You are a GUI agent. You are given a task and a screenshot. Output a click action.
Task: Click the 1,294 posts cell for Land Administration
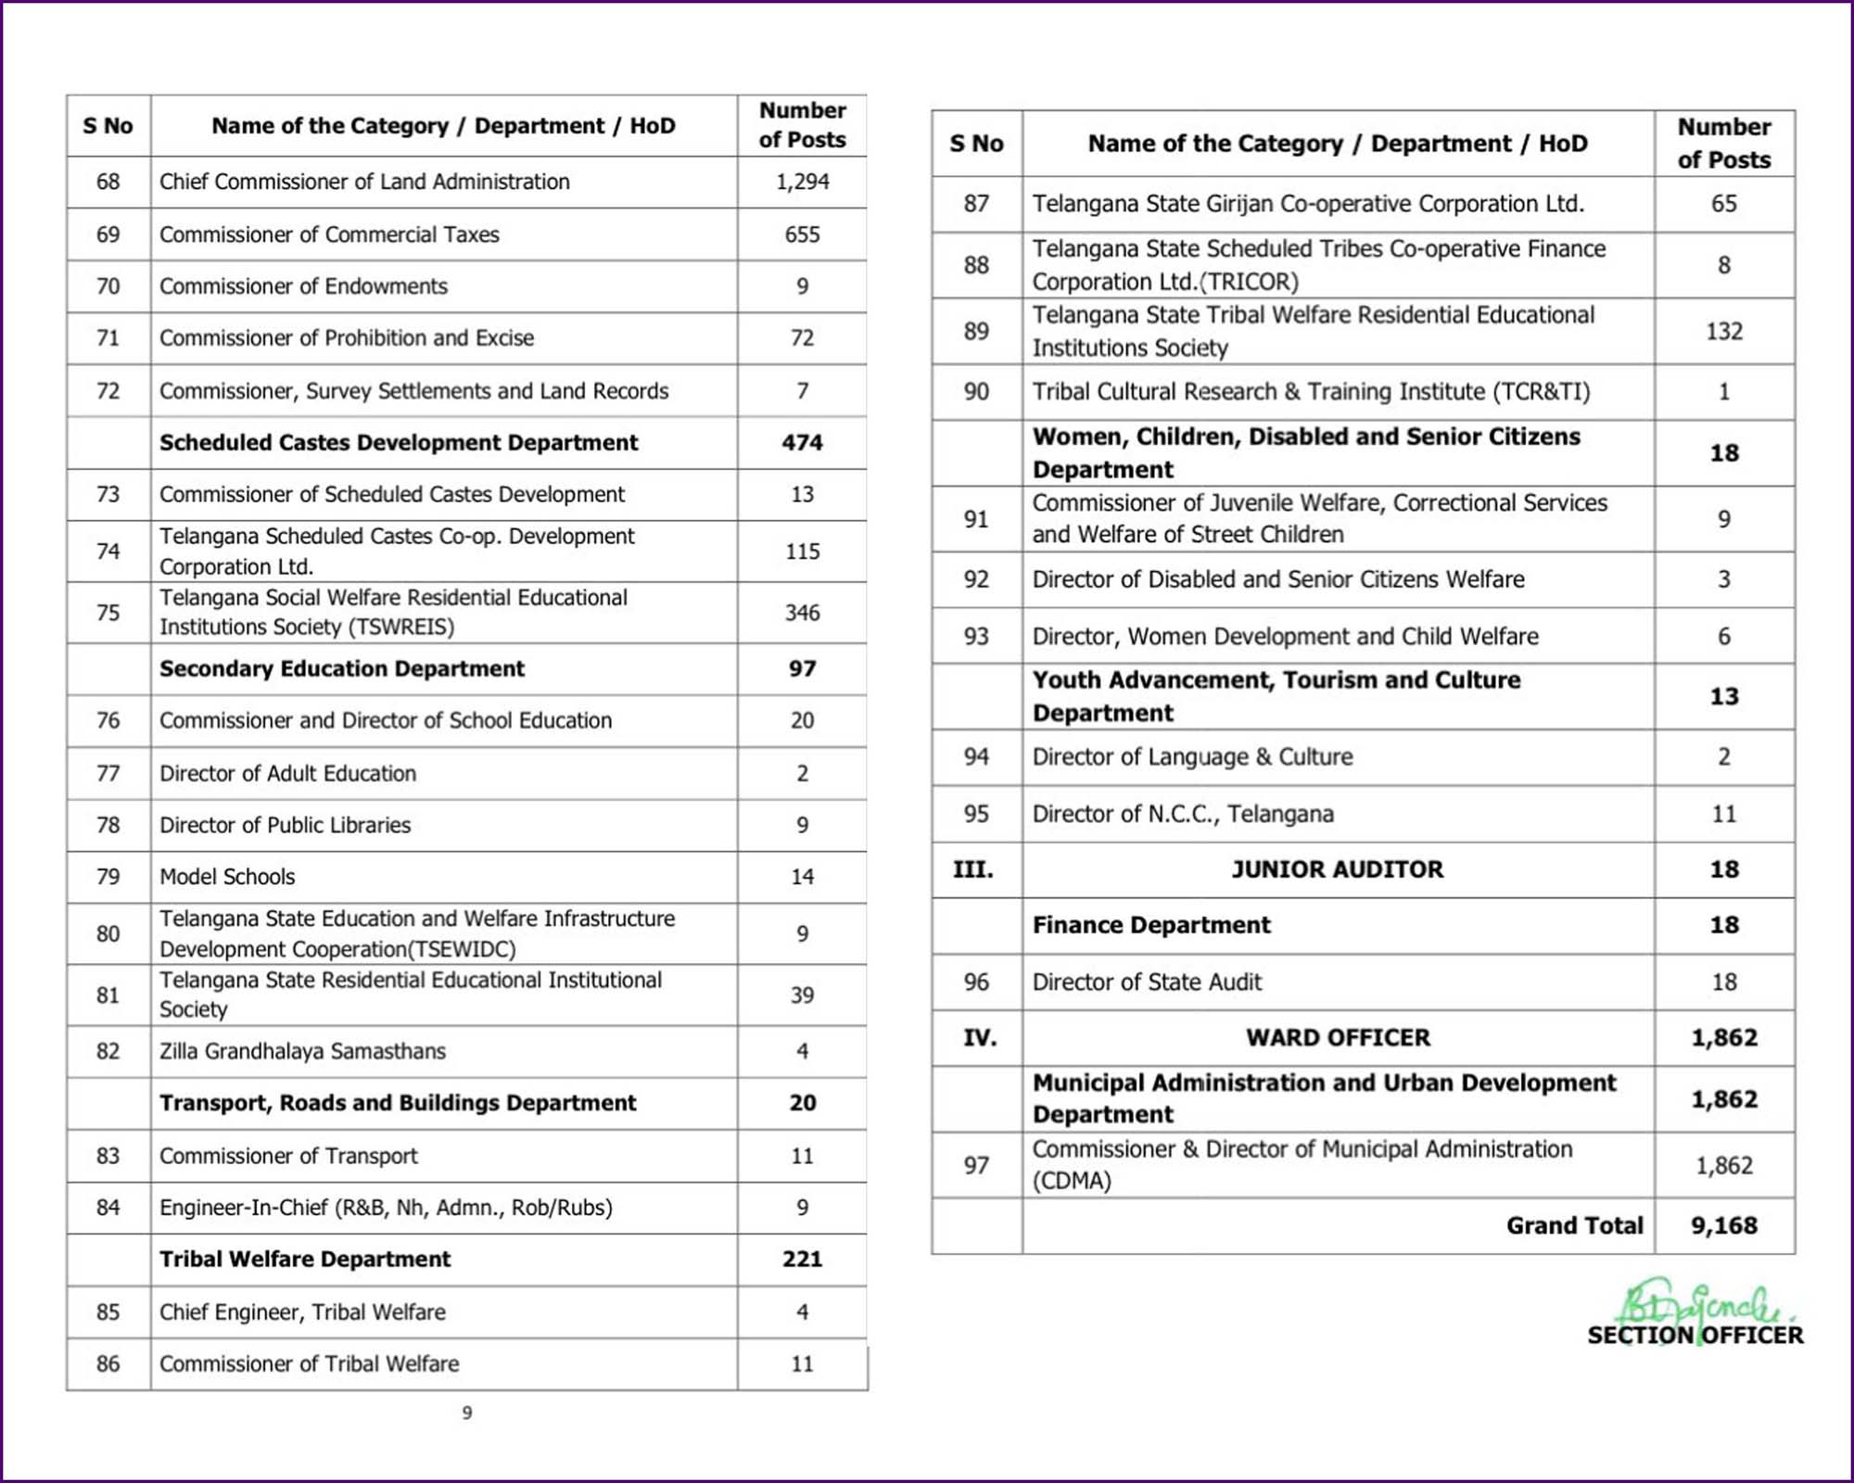click(802, 182)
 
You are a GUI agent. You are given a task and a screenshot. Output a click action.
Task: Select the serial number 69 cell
click(108, 234)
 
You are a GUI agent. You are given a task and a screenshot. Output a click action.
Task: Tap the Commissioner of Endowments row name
click(303, 286)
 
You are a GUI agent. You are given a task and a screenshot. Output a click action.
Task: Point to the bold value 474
click(802, 443)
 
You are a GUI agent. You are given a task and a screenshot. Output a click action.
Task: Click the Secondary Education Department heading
click(341, 669)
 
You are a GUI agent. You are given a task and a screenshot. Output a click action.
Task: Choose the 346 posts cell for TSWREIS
click(802, 613)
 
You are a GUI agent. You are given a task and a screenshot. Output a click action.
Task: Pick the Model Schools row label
click(227, 877)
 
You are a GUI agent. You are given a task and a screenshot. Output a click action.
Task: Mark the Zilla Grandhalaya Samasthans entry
click(302, 1051)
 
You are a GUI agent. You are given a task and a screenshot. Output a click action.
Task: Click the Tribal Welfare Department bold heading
click(305, 1260)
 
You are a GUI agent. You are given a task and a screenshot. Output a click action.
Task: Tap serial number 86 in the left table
click(108, 1363)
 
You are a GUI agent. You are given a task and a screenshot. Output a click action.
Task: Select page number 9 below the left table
click(467, 1413)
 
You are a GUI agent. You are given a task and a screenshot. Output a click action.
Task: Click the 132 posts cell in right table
click(1723, 332)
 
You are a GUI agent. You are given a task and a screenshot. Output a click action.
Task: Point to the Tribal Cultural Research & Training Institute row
click(1311, 392)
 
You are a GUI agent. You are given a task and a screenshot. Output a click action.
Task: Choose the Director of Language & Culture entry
click(1192, 757)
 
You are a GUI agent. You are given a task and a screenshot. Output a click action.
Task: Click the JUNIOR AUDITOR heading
click(1337, 869)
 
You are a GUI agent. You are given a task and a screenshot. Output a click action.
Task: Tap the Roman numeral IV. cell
click(979, 1038)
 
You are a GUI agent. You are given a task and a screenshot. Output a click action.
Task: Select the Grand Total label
click(1574, 1226)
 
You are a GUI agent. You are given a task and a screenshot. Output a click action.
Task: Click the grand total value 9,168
click(1723, 1226)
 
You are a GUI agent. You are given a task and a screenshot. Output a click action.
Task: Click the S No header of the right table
click(976, 144)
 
